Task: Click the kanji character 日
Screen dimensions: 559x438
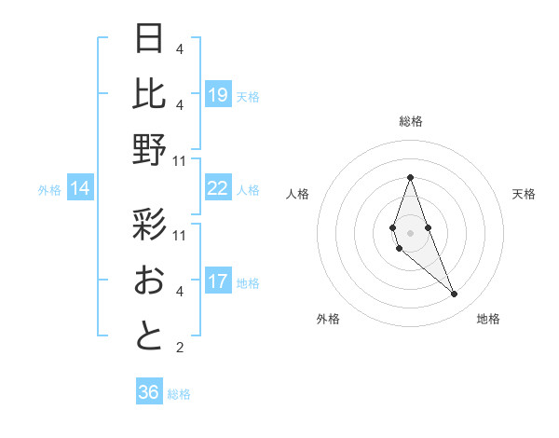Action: tap(149, 38)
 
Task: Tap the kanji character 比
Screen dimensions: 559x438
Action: tap(149, 93)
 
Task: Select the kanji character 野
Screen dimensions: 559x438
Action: tap(149, 149)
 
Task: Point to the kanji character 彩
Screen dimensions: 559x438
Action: tap(149, 225)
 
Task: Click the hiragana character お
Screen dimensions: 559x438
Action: tap(149, 280)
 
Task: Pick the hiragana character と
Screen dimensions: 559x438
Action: tap(149, 335)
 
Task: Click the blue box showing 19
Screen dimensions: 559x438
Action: tap(217, 95)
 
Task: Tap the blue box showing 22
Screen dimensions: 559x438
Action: tap(217, 188)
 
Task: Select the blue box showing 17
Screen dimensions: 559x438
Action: tap(217, 281)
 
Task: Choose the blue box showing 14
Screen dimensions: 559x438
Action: tap(80, 189)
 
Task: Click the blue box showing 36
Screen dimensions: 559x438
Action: tap(148, 392)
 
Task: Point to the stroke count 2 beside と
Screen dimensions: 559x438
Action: tap(179, 349)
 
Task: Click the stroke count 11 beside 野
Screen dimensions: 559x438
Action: tap(180, 161)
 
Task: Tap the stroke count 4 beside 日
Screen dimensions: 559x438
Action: tap(179, 48)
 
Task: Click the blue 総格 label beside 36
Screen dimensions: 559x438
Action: tap(179, 394)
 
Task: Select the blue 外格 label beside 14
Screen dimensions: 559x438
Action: tap(49, 190)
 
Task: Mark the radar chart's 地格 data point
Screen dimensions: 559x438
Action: tap(454, 294)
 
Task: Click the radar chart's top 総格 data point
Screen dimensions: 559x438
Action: tap(410, 177)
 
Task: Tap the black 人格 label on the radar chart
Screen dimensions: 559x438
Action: tap(298, 194)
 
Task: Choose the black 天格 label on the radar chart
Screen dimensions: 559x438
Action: tap(524, 194)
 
